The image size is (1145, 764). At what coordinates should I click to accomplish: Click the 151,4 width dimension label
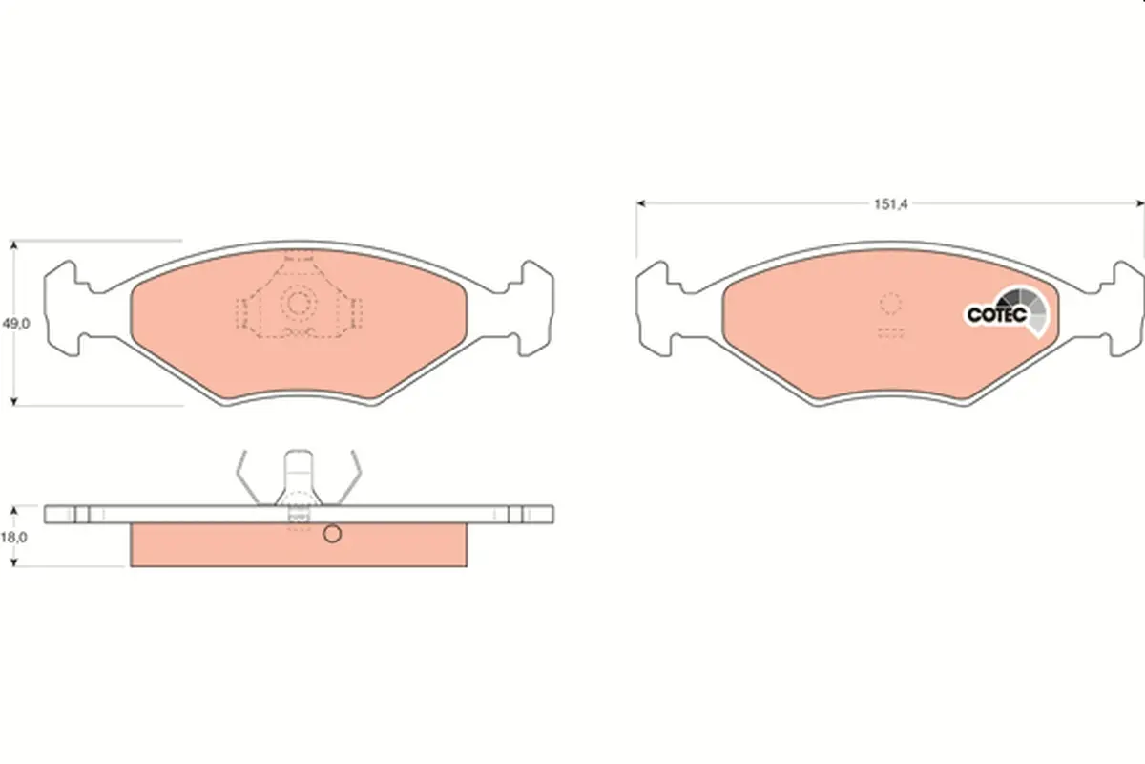pyautogui.click(x=890, y=204)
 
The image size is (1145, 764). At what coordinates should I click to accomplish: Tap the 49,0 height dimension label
pyautogui.click(x=16, y=324)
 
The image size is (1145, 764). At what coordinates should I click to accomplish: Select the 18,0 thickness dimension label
pyautogui.click(x=14, y=538)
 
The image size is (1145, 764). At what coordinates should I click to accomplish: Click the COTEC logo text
pyautogui.click(x=997, y=315)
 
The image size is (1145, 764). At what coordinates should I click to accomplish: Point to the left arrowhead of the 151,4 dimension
pyautogui.click(x=641, y=203)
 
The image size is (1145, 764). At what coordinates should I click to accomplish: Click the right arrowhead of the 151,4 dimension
pyautogui.click(x=1140, y=203)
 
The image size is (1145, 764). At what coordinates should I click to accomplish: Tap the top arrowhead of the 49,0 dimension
pyautogui.click(x=14, y=245)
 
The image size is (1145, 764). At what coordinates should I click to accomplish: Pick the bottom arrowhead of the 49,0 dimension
pyautogui.click(x=14, y=401)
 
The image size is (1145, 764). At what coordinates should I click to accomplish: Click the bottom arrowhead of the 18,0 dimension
pyautogui.click(x=14, y=562)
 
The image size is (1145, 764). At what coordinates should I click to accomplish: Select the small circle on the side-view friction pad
pyautogui.click(x=332, y=534)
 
